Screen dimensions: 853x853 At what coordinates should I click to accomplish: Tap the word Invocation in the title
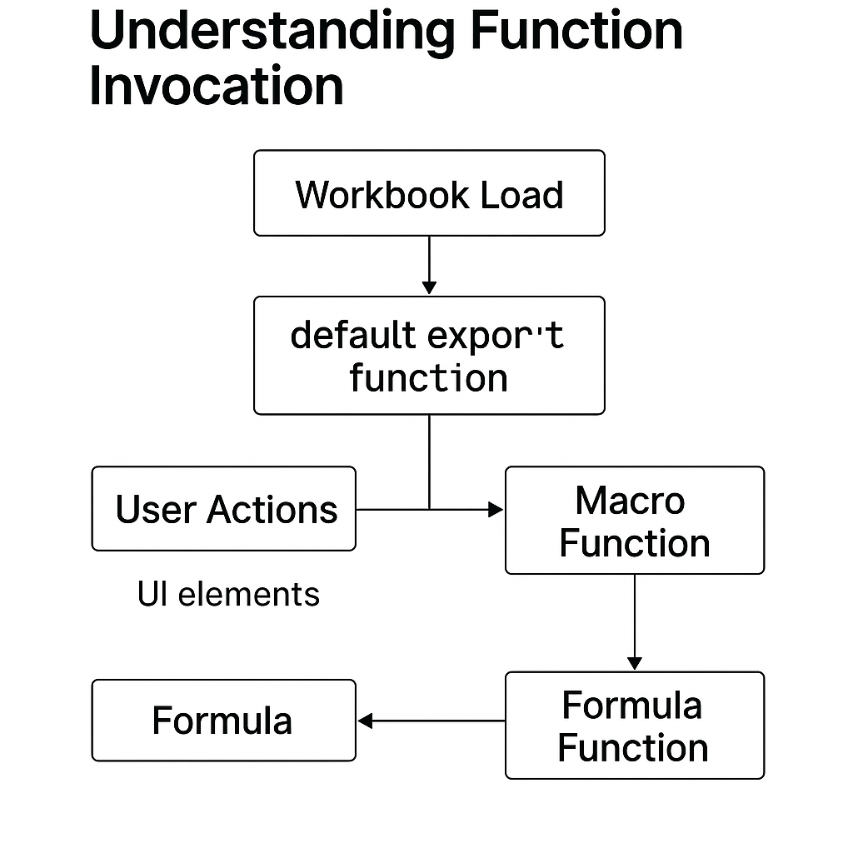coord(217,86)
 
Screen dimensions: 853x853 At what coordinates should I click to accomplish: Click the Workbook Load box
coord(429,193)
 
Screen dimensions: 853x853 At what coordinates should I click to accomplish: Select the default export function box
coord(429,356)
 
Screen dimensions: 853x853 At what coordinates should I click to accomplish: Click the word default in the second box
coord(353,335)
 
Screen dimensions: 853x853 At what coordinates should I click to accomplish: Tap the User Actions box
coord(223,509)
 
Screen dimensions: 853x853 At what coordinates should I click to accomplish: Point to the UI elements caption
coord(228,595)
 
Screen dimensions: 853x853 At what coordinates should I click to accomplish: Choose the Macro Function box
coord(634,521)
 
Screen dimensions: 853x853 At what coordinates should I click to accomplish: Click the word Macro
coord(630,501)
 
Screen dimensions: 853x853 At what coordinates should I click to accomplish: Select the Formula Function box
coord(634,726)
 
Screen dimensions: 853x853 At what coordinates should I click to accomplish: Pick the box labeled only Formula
coord(223,721)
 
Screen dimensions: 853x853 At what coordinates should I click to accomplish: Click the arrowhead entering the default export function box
coord(429,287)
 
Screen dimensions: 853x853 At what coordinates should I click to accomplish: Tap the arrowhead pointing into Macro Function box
coord(496,509)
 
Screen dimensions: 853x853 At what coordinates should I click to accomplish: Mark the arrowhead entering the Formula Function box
coord(635,663)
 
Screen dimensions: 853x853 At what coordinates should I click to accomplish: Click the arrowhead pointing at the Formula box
coord(365,721)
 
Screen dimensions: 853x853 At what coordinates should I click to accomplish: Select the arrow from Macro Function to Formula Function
coord(635,621)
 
